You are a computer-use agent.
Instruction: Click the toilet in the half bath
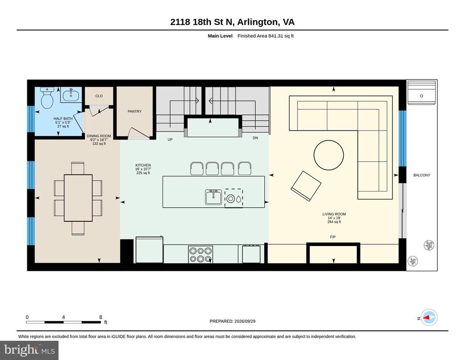click(47, 98)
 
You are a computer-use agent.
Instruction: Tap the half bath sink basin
click(71, 95)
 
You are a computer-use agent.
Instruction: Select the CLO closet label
click(99, 96)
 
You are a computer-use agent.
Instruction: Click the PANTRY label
click(134, 111)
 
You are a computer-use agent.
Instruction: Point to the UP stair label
click(170, 140)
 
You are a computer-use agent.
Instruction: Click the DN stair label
click(255, 138)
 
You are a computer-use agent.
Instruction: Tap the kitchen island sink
click(213, 197)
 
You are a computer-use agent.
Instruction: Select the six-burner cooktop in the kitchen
click(200, 255)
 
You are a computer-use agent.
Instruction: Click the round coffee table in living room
click(329, 155)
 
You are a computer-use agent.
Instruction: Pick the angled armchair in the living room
click(306, 186)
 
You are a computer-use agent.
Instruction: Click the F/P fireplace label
click(333, 237)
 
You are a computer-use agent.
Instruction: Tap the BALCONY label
click(422, 175)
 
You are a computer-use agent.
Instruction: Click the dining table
click(78, 198)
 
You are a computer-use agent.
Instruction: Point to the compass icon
click(429, 318)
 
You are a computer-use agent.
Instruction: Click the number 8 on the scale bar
click(100, 317)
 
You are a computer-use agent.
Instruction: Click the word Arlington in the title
click(258, 22)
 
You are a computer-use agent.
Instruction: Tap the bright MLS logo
click(29, 350)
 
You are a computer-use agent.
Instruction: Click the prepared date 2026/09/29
click(245, 321)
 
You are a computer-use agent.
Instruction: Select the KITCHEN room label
click(143, 165)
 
